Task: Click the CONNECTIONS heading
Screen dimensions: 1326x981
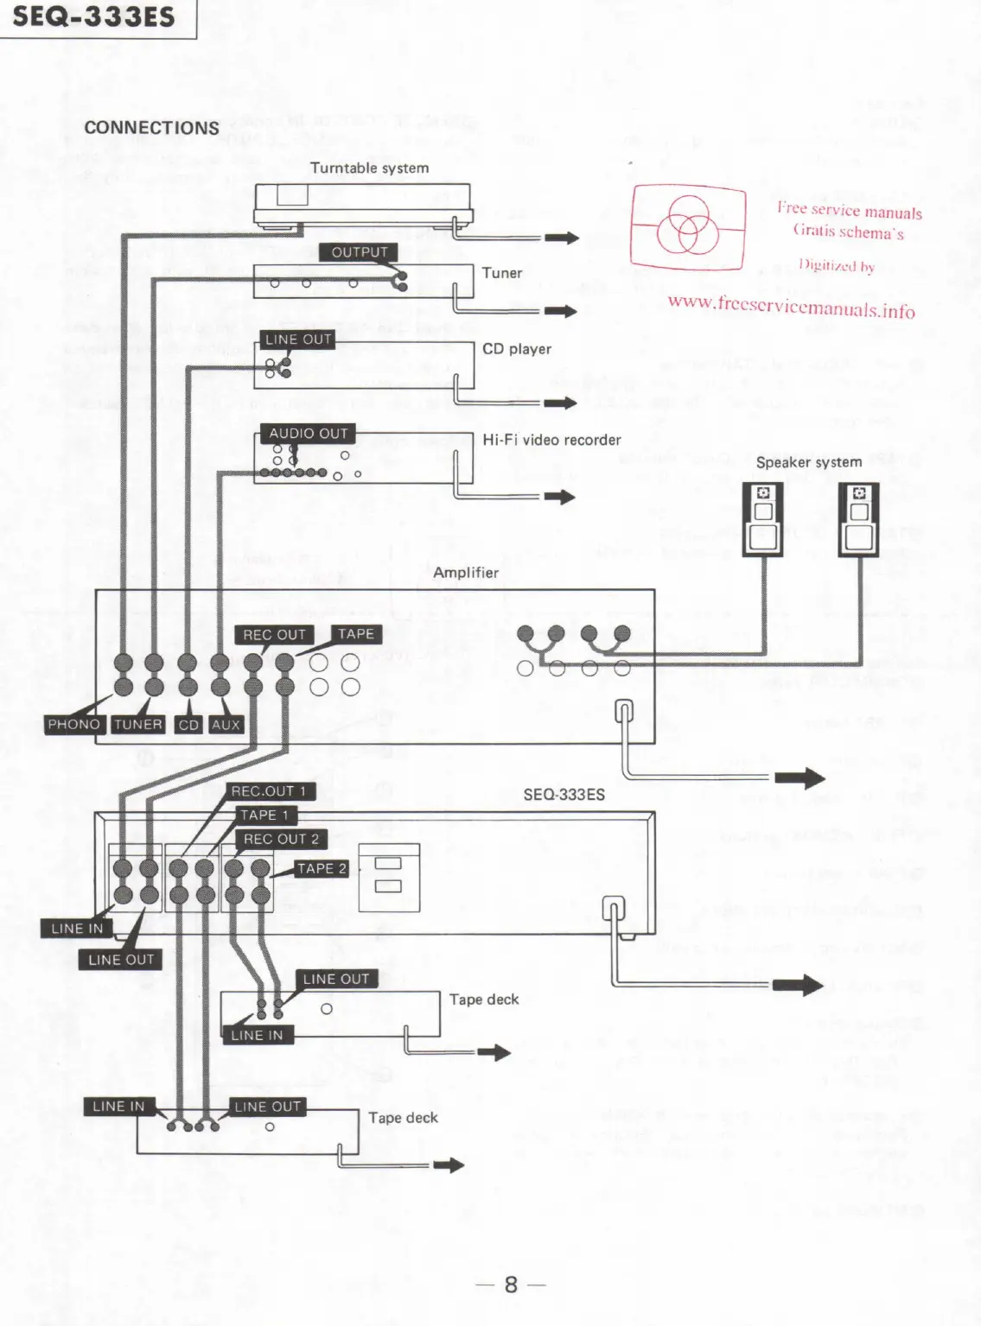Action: (151, 128)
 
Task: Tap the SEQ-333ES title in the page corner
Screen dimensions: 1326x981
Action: (93, 16)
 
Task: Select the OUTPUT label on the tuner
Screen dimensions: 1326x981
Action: (360, 252)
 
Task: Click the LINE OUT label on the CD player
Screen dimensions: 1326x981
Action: (298, 339)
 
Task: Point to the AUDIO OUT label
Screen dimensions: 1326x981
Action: (308, 433)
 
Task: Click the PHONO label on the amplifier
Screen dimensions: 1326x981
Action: (74, 724)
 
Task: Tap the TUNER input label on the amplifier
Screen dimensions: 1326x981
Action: (138, 724)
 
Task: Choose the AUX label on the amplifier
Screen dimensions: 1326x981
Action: (226, 725)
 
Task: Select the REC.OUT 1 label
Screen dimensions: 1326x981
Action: (269, 790)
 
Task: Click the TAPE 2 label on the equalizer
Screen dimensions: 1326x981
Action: (322, 868)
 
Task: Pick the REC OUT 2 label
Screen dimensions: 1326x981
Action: (281, 839)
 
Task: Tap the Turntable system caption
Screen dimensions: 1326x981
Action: (369, 168)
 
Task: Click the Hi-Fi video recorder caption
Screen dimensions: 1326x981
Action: (551, 440)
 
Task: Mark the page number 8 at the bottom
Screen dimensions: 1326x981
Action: (511, 1285)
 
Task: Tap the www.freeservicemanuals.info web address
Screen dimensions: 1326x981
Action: (791, 306)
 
